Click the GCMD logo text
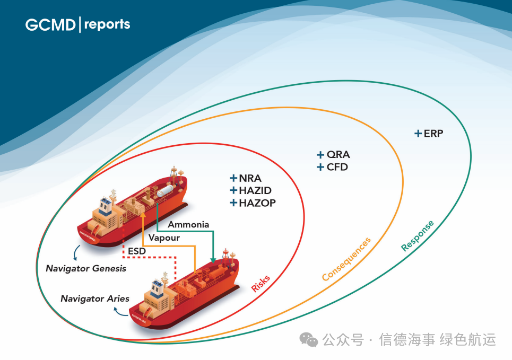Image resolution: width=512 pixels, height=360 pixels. pos(50,24)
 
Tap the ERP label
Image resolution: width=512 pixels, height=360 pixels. pos(433,134)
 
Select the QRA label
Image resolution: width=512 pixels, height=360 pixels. pos(338,155)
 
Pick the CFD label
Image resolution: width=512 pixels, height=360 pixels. pos(337,167)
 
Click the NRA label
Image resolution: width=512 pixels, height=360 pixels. pos(250,179)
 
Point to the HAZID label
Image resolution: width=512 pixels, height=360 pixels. pos(255,190)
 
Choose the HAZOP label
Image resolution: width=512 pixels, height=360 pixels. pos(257,203)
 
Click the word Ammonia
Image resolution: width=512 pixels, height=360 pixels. pos(188,224)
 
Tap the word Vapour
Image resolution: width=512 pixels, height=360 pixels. pos(164,238)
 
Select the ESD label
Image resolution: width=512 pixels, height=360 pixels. pos(137,250)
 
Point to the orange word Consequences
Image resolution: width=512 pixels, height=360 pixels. pos(346,259)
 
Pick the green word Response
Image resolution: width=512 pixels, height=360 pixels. pos(418,235)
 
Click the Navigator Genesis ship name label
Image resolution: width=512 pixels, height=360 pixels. pos(86,268)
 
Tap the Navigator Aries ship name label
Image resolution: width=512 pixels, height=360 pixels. pos(95,298)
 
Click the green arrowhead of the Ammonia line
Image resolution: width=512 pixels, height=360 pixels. pos(213,259)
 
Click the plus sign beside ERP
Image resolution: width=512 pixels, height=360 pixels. pos(418,134)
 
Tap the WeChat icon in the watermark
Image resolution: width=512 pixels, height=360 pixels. pos(308,339)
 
